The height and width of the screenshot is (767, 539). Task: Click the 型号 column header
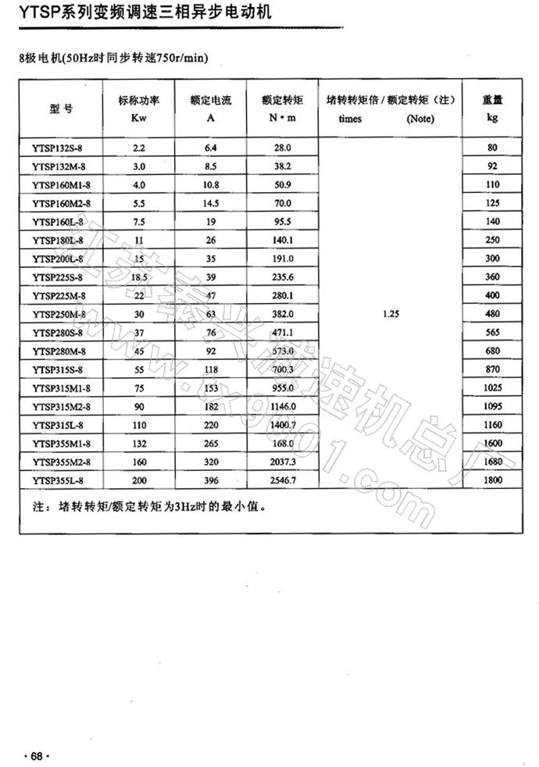pos(61,109)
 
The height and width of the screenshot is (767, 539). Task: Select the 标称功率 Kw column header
pos(139,109)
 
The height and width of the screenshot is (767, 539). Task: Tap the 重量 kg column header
pos(491,109)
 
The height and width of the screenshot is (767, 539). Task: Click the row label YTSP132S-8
pos(59,148)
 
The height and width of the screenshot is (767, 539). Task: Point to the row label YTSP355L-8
pos(59,480)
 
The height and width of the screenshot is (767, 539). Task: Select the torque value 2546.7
pos(282,480)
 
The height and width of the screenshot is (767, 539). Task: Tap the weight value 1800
pos(491,480)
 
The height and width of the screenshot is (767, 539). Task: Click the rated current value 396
pos(211,480)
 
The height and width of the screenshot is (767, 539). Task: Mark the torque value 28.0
pos(282,148)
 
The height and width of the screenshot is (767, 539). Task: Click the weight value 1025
pos(491,387)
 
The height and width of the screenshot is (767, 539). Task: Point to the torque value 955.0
pos(282,387)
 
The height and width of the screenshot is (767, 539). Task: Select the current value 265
pos(211,443)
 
